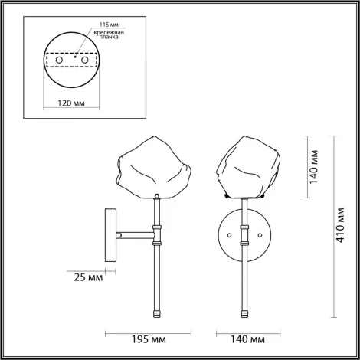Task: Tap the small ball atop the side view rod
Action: (157, 196)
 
